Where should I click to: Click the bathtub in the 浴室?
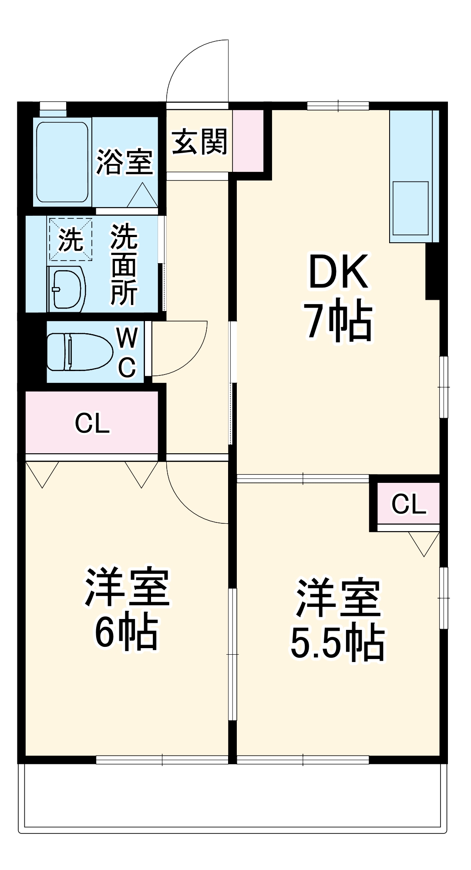62,162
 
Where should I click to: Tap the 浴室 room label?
124,162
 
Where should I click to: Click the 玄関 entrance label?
199,142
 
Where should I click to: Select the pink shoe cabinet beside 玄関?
248,141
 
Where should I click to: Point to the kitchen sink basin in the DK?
410,208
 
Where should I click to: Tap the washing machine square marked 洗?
71,239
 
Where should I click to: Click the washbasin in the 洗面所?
67,289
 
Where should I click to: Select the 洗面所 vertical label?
124,264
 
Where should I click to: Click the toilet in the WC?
78,351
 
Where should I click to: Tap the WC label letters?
127,352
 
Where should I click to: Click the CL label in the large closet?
92,423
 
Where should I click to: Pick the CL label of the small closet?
408,504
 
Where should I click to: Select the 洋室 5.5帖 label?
338,619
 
